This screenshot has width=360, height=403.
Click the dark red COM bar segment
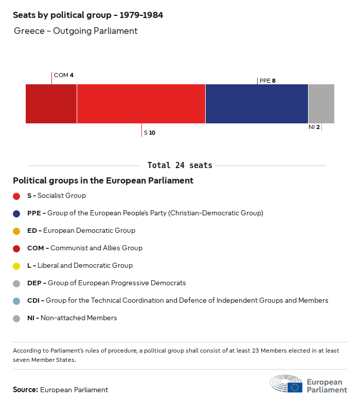click(51, 104)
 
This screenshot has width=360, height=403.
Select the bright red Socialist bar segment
click(141, 104)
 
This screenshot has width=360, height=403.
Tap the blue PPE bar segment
click(257, 104)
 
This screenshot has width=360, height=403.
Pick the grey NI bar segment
click(321, 104)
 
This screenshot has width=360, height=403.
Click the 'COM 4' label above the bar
click(64, 75)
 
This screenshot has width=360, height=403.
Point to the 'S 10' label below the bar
click(150, 133)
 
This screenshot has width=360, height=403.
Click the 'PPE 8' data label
click(267, 81)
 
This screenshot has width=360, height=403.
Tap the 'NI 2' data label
click(314, 127)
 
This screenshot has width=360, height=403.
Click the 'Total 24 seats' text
click(179, 166)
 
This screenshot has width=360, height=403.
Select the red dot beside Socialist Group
click(16, 196)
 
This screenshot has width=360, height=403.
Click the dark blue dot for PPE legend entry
click(16, 213)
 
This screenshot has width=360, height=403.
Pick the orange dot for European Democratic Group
click(16, 231)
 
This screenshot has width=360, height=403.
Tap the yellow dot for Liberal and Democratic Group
click(16, 266)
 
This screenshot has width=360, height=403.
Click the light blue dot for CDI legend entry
click(16, 301)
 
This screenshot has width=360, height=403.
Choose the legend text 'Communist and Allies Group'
click(96, 248)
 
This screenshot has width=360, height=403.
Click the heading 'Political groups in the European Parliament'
click(103, 181)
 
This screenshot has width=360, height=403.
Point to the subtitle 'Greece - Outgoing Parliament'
click(76, 31)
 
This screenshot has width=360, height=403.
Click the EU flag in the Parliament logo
click(295, 387)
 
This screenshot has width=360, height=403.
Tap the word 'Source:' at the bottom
click(25, 390)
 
